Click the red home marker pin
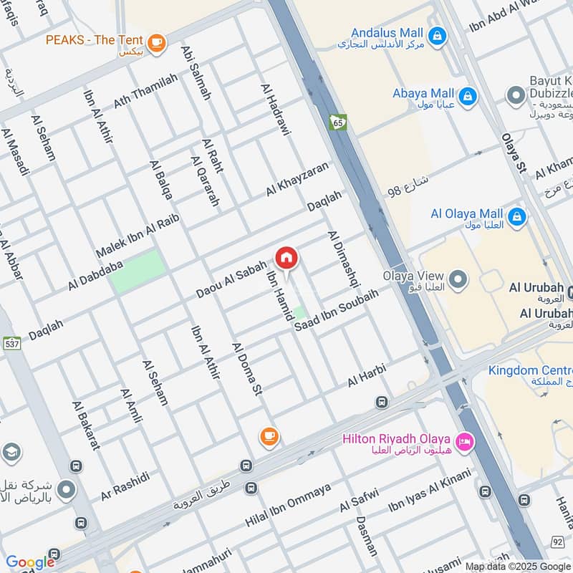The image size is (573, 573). point(286,259)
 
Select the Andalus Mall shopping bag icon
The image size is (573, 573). point(435,34)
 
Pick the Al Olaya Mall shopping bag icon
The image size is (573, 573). point(516,215)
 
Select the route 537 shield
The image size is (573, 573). point(12,343)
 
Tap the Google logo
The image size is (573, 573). point(29,562)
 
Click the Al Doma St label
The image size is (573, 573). point(247,370)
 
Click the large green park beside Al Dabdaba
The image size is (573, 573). point(138,271)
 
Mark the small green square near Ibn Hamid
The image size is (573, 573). point(299,313)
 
